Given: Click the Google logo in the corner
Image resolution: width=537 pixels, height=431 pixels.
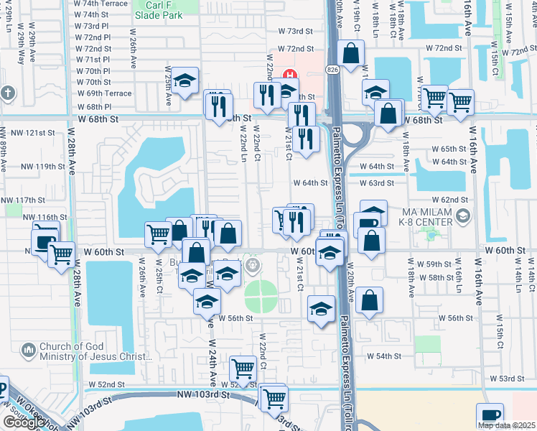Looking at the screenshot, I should click(x=23, y=422).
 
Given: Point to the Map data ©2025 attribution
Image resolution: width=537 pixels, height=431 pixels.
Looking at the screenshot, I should click(x=506, y=425).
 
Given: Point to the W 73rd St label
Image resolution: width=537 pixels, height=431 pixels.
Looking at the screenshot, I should click(x=296, y=31).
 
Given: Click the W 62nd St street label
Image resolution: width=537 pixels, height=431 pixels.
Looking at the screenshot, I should click(x=450, y=199).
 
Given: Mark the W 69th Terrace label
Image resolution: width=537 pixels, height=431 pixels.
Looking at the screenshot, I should click(x=103, y=93).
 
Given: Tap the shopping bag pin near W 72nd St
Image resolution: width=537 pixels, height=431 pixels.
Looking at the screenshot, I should click(x=350, y=53).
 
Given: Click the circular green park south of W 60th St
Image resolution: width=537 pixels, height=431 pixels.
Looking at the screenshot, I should click(x=261, y=295).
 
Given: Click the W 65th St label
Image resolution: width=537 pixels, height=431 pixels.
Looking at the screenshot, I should click(x=449, y=149).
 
